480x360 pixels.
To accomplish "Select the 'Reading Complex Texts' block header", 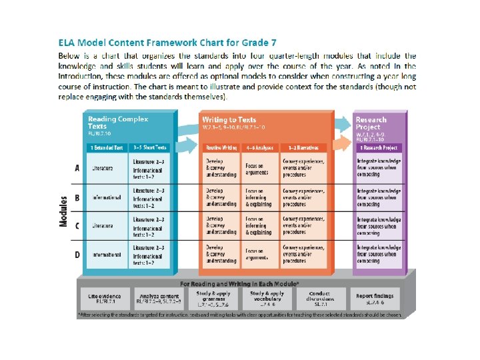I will point(111,123).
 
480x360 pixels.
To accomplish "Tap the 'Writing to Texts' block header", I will point(228,120).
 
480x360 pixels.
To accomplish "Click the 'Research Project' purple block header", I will point(371,123).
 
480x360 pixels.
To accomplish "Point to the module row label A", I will point(77,169).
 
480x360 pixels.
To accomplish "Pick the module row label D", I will point(77,255).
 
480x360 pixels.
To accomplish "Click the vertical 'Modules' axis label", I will point(65,211).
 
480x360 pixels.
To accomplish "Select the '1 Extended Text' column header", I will point(107,147).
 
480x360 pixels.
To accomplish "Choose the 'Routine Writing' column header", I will point(221,147).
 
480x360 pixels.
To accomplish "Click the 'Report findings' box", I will point(375,298).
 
